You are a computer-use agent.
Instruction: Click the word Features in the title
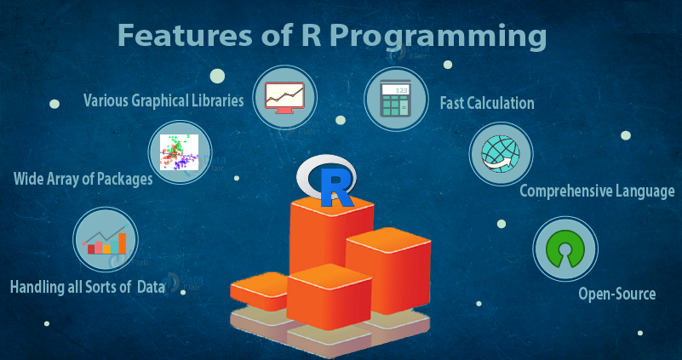click(186, 35)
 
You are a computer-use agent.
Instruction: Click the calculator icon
click(395, 98)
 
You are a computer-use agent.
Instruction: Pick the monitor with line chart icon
click(284, 97)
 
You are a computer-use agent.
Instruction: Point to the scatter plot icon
click(179, 151)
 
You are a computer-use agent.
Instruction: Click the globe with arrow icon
click(501, 153)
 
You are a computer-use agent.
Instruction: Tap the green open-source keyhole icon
click(565, 249)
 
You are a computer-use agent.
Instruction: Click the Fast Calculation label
click(487, 104)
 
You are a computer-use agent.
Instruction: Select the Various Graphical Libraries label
click(163, 100)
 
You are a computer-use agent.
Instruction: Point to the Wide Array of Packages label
click(83, 179)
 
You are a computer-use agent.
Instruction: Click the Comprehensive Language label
click(597, 191)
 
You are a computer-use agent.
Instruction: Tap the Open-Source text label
click(616, 294)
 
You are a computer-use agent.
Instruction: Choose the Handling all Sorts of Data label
click(88, 288)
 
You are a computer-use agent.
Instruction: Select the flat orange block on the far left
click(259, 290)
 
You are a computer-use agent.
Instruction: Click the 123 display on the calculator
click(402, 90)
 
